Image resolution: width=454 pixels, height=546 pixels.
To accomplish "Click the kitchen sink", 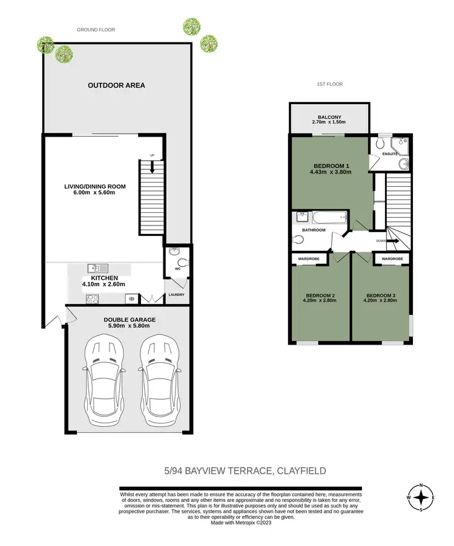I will click(x=97, y=267).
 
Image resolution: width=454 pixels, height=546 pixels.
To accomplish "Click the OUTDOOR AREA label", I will click(x=116, y=85).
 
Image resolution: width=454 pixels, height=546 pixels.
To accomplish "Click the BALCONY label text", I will click(x=329, y=117).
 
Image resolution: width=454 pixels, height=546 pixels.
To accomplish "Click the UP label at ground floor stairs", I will click(x=153, y=156).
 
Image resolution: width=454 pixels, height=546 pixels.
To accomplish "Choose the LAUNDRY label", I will click(x=176, y=295).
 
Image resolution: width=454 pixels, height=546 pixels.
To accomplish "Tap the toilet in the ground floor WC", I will click(x=183, y=262).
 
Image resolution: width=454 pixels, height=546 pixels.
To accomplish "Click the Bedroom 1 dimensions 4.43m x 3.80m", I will click(x=331, y=172).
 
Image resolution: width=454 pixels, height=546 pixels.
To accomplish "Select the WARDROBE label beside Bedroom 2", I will click(x=308, y=259).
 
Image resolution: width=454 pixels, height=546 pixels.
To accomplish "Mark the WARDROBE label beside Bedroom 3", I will click(x=392, y=259).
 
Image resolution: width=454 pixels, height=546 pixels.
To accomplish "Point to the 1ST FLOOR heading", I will click(x=329, y=84).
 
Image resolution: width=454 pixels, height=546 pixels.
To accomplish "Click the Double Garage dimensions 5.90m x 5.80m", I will click(x=130, y=326).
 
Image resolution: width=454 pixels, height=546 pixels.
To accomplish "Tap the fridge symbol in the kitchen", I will click(x=131, y=298).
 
